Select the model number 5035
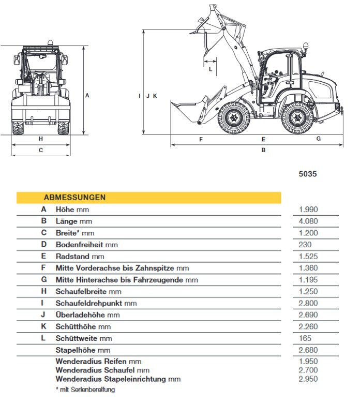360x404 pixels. tap(308, 174)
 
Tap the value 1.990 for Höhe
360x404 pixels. tap(308, 210)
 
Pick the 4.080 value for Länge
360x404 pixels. tap(308, 221)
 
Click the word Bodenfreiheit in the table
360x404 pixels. tap(80, 245)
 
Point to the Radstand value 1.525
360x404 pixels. tap(308, 257)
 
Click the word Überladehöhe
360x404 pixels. tap(80, 315)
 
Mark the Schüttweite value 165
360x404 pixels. tap(305, 338)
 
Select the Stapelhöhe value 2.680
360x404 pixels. tap(308, 351)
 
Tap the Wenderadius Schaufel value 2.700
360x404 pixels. tap(308, 370)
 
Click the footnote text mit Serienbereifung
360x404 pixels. tap(87, 390)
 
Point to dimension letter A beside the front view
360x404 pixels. tap(87, 95)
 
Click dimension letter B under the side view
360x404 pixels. tap(263, 150)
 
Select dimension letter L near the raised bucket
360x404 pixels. tap(211, 68)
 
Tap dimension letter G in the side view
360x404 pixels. tap(319, 139)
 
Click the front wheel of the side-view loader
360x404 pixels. tap(234, 117)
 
